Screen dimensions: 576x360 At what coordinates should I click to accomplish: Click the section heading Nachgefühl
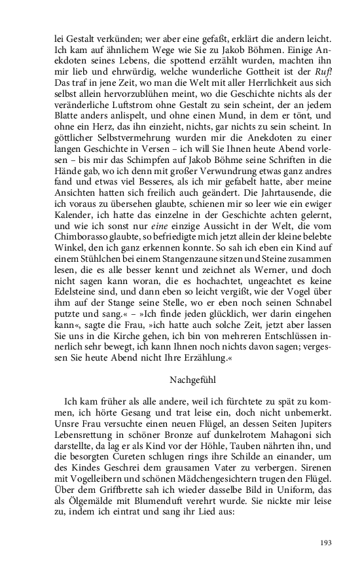pos(179,378)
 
